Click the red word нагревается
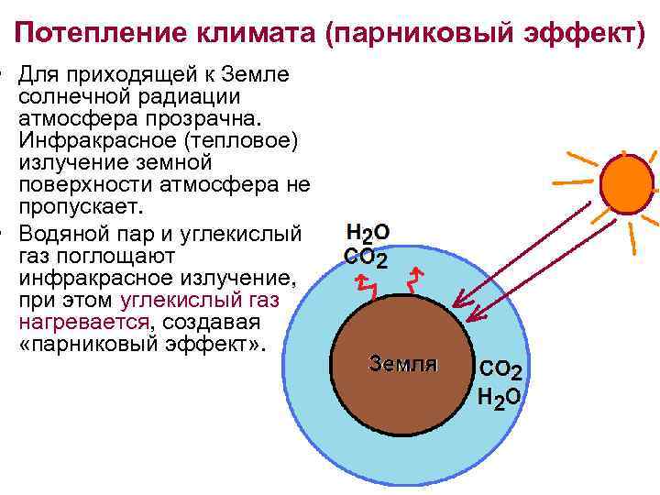coord(83,324)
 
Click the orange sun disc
coord(627,180)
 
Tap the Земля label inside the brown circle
coord(402,363)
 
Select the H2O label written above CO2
coord(368,234)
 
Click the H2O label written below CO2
coord(500,397)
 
